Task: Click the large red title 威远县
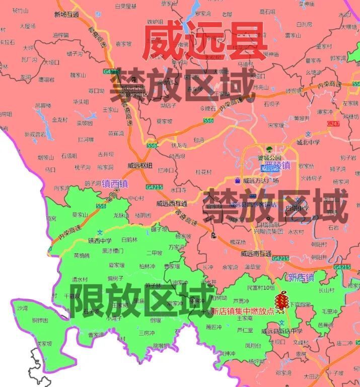[203, 41]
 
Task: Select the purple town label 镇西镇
[115, 184]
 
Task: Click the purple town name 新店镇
[301, 277]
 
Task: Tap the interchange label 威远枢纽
[139, 165]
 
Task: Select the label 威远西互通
[172, 204]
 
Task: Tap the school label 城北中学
[308, 143]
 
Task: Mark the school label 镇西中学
[100, 240]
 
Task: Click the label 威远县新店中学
[281, 331]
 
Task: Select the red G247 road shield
[333, 123]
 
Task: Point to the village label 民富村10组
[261, 288]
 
